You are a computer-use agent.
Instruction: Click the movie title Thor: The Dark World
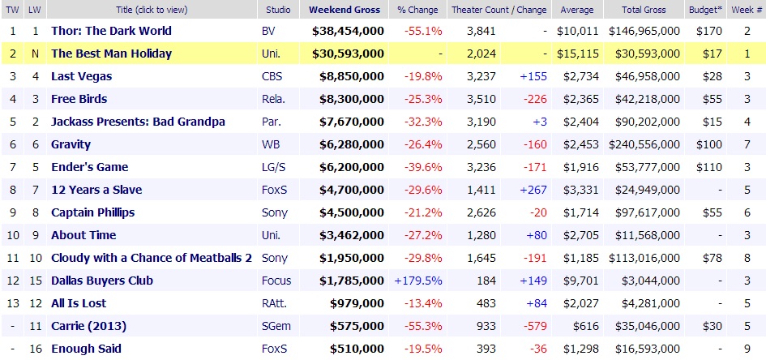click(111, 31)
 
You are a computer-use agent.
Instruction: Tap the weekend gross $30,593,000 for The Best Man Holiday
click(348, 54)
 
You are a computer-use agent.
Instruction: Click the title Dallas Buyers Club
click(102, 281)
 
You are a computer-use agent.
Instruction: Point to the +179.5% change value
click(419, 281)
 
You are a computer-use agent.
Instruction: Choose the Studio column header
click(279, 10)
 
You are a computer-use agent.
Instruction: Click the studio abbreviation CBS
click(272, 76)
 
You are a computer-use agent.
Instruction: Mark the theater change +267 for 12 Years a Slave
click(533, 190)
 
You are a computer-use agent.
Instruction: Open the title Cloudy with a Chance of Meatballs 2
click(152, 258)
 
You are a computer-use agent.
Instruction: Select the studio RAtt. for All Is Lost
click(273, 303)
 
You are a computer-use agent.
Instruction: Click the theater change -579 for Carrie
click(533, 326)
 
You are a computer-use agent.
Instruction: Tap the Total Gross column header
click(644, 10)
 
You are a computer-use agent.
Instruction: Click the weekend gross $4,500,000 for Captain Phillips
click(351, 212)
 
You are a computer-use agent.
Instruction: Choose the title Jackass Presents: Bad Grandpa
click(138, 122)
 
